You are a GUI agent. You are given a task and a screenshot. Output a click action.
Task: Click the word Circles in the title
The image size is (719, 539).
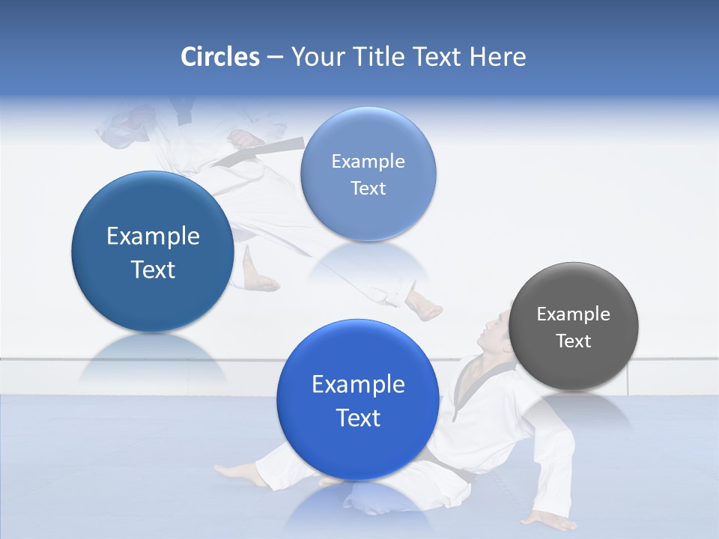[x=219, y=57]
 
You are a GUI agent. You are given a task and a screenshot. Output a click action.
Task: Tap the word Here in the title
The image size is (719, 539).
[x=497, y=57]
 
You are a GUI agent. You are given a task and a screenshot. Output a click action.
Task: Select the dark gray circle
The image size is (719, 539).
[x=574, y=326]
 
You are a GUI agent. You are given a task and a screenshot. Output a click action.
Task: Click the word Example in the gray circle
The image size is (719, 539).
[x=574, y=314]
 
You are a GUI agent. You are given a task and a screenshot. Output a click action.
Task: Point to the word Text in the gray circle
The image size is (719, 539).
[x=574, y=341]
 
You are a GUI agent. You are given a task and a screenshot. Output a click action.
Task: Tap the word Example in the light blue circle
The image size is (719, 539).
[x=368, y=161]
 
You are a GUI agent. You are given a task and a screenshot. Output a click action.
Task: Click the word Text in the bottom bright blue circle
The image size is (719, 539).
[x=358, y=418]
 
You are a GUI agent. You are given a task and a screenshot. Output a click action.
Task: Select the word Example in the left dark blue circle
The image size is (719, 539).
[x=153, y=237]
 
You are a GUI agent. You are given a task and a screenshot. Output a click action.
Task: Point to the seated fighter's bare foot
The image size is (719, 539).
[x=232, y=472]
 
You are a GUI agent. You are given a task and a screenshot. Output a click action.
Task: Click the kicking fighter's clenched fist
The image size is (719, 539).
[x=243, y=138]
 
